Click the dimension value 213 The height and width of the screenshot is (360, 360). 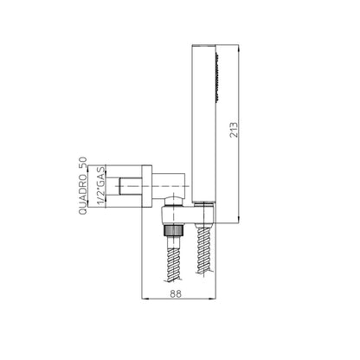[235, 130]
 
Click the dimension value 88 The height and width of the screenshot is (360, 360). [176, 293]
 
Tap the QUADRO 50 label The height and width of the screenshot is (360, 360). [83, 186]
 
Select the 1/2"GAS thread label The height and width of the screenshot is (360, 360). [101, 186]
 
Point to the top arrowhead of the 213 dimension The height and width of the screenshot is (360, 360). [239, 48]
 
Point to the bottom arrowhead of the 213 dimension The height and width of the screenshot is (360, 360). [239, 220]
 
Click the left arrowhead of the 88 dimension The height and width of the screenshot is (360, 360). [145, 299]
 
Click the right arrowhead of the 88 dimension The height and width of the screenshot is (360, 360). [212, 299]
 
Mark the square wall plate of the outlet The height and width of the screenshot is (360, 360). [147, 186]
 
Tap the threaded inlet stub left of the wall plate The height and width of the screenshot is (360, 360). [131, 186]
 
